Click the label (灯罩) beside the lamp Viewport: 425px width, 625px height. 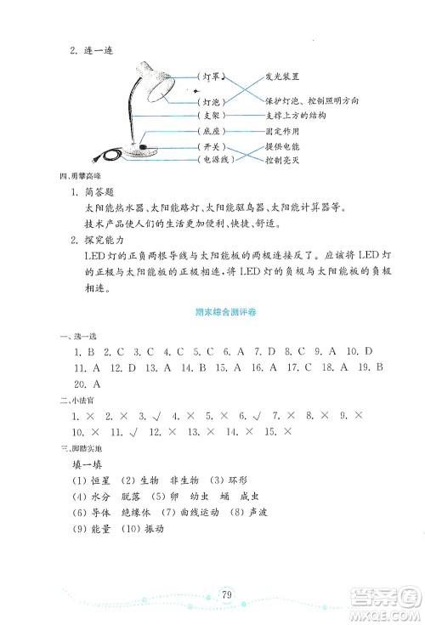(212, 76)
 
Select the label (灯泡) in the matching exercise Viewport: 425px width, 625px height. (212, 99)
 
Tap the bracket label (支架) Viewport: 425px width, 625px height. (212, 115)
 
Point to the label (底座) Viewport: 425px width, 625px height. (212, 132)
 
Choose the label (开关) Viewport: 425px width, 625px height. (212, 147)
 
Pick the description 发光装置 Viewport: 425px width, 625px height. (281, 76)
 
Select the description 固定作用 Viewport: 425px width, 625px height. (282, 132)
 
